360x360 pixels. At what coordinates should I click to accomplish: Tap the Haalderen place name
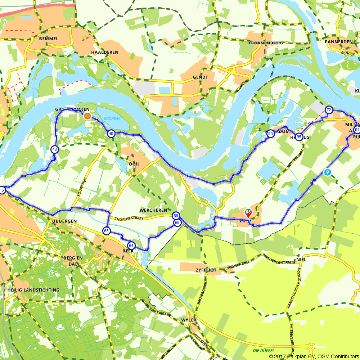pyautogui.click(x=105, y=52)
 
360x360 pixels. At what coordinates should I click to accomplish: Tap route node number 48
pyautogui.click(x=54, y=149)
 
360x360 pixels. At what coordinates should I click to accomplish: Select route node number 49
pyautogui.click(x=111, y=134)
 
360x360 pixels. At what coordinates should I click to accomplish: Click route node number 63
pyautogui.click(x=106, y=231)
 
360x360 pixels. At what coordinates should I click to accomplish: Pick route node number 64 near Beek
pyautogui.click(x=131, y=246)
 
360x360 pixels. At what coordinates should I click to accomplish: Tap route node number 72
pyautogui.click(x=328, y=110)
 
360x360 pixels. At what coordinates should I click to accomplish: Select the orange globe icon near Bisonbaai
pyautogui.click(x=87, y=116)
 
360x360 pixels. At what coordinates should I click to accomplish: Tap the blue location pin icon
pyautogui.click(x=327, y=172)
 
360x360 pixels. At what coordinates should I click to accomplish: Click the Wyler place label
pyautogui.click(x=189, y=320)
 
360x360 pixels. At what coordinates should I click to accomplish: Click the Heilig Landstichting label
pyautogui.click(x=33, y=290)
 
